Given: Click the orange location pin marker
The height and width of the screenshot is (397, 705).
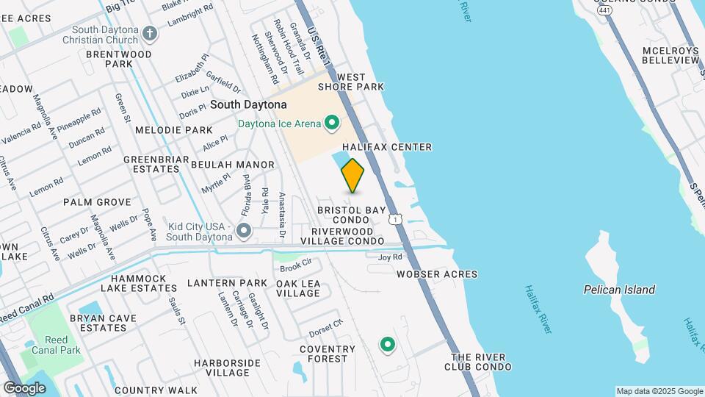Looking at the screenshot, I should pos(352,176).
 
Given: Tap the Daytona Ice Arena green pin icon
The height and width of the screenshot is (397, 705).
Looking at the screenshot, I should pos(331,123).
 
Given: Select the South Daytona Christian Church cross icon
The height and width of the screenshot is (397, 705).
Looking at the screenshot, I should pos(150,33).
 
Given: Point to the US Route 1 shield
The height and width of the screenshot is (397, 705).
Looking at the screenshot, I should pos(396,219).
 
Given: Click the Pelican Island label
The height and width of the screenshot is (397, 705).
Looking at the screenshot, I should pos(619,290).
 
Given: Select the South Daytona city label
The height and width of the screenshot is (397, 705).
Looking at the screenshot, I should pos(248,105).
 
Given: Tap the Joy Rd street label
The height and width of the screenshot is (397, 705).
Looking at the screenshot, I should pos(390,257).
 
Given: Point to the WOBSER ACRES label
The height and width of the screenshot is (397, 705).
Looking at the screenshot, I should pos(437,274).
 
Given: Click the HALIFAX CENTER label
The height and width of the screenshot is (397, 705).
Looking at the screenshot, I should pos(387,147).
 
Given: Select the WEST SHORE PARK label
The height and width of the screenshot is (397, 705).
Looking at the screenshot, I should pos(351,82).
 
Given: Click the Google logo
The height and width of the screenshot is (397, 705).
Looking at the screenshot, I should pos(24,387).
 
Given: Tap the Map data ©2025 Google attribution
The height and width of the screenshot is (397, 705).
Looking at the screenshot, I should pos(659,391).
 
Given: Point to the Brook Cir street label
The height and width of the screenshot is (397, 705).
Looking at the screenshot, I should pos(296,262).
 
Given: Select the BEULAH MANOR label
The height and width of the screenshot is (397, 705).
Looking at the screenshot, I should pos(232,165).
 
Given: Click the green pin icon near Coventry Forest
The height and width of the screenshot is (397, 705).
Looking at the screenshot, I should pos(386,343).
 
